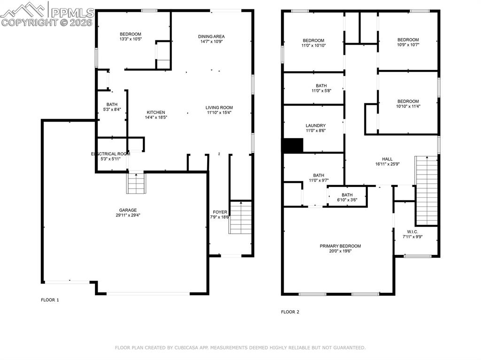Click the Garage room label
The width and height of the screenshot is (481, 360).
(128, 210)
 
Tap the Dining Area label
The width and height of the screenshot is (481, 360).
(211, 36)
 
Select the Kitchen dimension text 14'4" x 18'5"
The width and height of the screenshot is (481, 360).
(156, 117)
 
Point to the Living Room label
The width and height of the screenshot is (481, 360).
(219, 107)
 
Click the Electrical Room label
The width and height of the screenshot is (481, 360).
(110, 154)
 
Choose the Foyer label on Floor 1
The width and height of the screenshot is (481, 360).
(220, 212)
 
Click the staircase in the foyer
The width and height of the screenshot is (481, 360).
(240, 217)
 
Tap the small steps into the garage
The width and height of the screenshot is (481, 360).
(136, 183)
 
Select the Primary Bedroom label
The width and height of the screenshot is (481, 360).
(340, 246)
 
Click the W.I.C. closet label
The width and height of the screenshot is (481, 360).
(412, 231)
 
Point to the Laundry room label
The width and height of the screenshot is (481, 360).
(315, 125)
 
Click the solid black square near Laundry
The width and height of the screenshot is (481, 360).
(292, 146)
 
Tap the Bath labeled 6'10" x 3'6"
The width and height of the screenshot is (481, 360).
(347, 195)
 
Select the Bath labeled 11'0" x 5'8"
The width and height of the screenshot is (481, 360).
(321, 85)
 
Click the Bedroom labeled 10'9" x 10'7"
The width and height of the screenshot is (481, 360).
(408, 40)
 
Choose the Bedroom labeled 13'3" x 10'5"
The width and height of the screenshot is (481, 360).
(130, 34)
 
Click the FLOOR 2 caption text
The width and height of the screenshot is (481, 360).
(290, 312)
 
